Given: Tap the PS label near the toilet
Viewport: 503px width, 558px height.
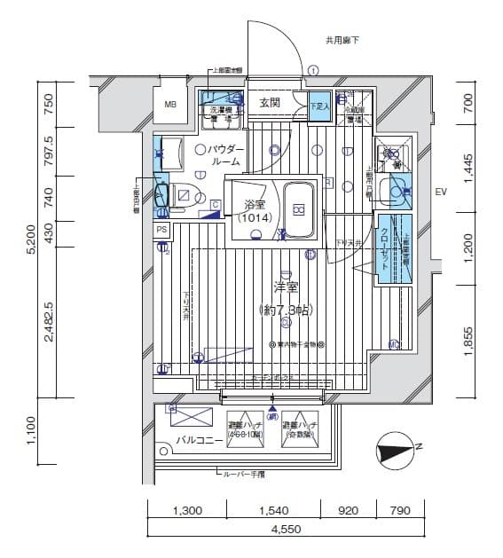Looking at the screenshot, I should tap(161, 229).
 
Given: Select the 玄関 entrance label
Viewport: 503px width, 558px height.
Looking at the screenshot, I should tap(270, 103).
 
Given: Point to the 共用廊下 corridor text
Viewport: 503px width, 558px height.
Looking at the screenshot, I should tap(341, 40).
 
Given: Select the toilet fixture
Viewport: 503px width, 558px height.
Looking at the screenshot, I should tap(179, 196).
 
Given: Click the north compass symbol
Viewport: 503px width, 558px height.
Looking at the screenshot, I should tap(395, 450).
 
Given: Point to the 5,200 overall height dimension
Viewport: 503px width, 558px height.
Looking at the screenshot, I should tap(32, 240).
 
